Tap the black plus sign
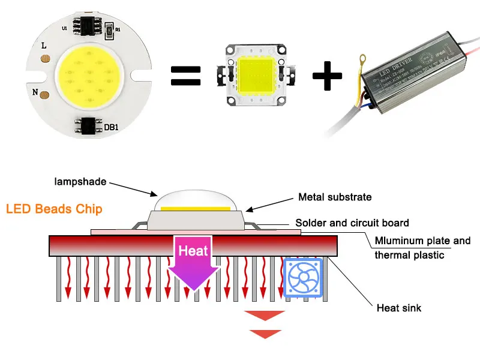[x=328, y=76]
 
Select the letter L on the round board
[x=44, y=45]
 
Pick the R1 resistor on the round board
[x=109, y=29]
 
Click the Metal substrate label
[x=335, y=197]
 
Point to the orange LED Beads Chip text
[x=54, y=209]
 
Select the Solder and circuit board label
[x=352, y=223]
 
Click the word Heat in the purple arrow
[x=193, y=251]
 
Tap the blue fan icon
[x=303, y=278]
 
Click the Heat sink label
[x=399, y=308]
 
